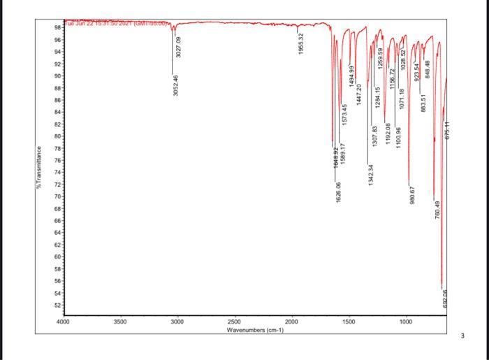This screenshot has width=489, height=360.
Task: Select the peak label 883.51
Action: coord(424,102)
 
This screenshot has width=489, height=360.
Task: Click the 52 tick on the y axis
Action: coord(57,305)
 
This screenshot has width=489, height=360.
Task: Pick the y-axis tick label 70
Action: coord(57,196)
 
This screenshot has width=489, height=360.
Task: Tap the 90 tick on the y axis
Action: coord(57,75)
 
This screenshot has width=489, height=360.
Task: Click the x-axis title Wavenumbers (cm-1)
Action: coord(254,331)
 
